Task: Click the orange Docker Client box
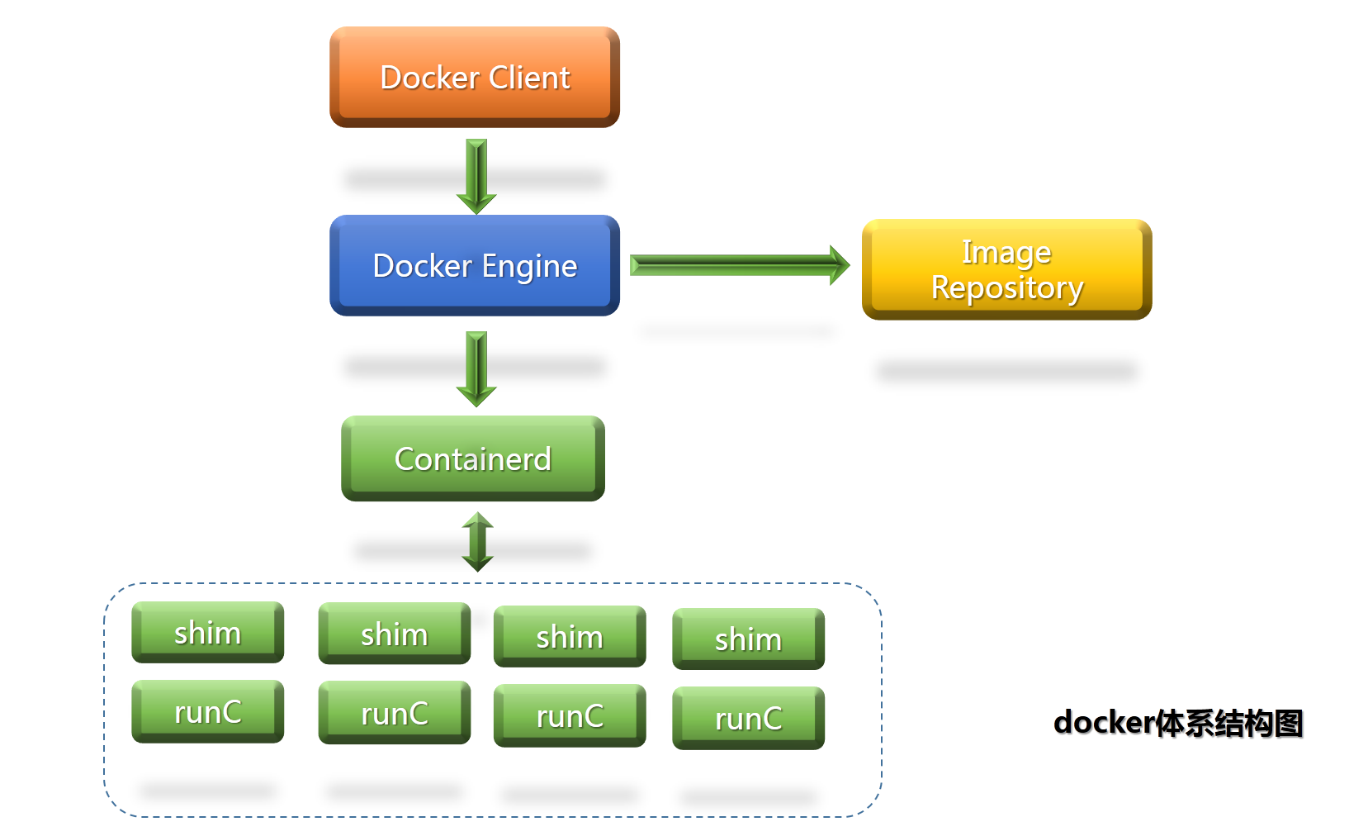(x=475, y=77)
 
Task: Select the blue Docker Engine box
(x=475, y=265)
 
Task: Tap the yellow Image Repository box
(x=1007, y=269)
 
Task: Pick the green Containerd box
(x=473, y=458)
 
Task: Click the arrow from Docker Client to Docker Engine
(x=476, y=177)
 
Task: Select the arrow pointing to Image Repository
(x=740, y=265)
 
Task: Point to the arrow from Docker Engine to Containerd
(x=476, y=369)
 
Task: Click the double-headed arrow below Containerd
(x=477, y=542)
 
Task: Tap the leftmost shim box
(x=208, y=633)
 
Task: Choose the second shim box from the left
(x=395, y=634)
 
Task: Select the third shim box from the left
(x=570, y=636)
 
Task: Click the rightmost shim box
(x=749, y=639)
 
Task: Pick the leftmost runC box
(x=208, y=712)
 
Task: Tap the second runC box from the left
(x=395, y=713)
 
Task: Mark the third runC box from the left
(x=570, y=715)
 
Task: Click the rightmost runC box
(x=749, y=718)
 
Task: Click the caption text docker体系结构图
(x=1178, y=723)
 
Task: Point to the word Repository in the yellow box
(x=1007, y=287)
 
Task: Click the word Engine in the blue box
(x=529, y=267)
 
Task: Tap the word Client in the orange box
(x=529, y=78)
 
